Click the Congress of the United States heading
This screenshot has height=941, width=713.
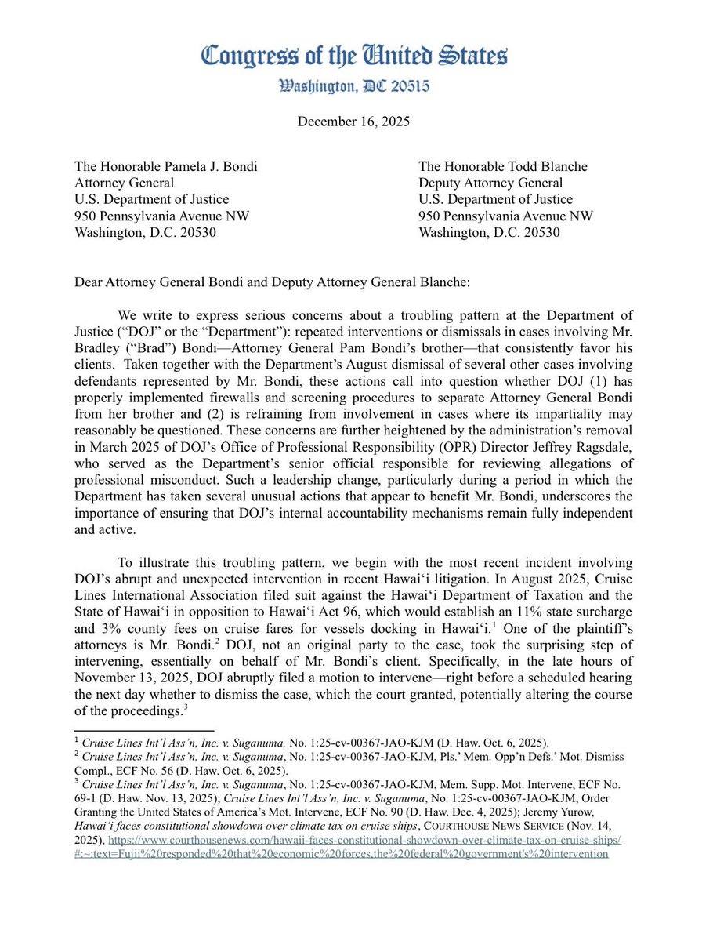(355, 56)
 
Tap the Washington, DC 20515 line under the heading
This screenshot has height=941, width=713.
(356, 86)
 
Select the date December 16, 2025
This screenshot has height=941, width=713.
(355, 122)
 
